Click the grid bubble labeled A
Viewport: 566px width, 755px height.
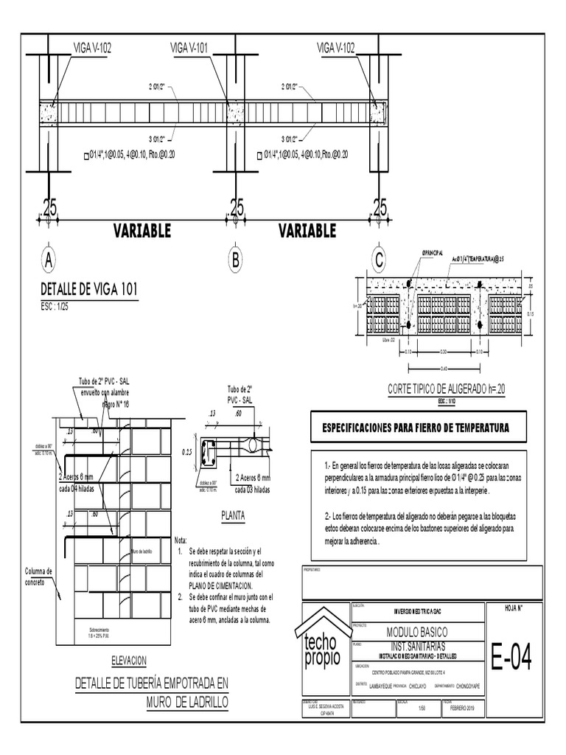point(48,260)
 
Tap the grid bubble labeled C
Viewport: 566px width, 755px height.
point(379,260)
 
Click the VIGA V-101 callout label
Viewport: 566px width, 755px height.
point(189,48)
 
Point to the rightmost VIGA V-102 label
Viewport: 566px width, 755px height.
point(335,48)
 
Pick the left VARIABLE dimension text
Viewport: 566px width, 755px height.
point(142,231)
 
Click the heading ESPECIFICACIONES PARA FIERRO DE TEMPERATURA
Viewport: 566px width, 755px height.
point(413,428)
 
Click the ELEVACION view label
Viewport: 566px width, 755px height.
point(129,660)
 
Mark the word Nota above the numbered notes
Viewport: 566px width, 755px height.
point(181,540)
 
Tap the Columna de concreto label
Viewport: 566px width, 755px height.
point(38,577)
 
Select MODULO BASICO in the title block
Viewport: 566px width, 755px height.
point(417,632)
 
